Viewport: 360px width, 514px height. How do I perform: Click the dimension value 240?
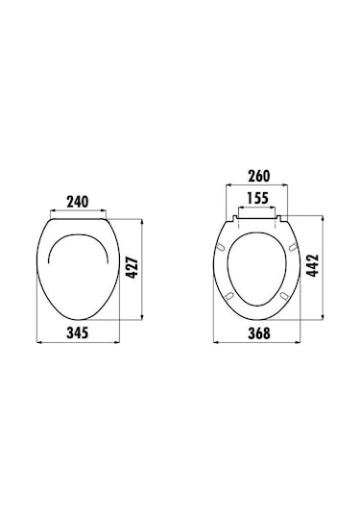tap(78, 202)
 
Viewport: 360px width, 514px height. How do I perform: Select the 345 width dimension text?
tap(78, 332)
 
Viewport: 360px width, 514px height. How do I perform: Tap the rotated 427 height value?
tap(132, 268)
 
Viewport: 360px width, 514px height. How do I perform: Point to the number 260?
tap(259, 176)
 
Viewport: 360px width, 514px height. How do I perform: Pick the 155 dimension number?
tap(257, 198)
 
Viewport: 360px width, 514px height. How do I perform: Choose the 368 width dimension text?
tap(259, 333)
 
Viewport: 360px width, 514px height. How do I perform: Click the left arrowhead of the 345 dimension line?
tap(38, 342)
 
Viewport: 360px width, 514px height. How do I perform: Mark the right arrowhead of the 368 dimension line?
tap(299, 342)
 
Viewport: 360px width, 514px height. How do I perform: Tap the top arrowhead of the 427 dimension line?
tap(142, 221)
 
